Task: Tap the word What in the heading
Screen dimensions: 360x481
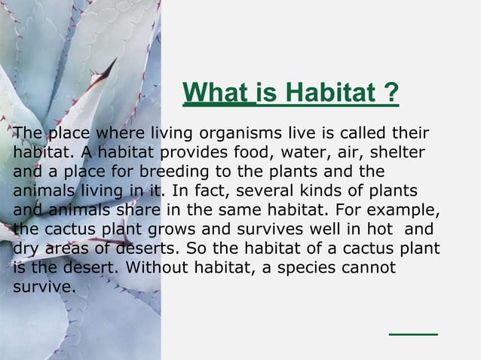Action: pyautogui.click(x=213, y=96)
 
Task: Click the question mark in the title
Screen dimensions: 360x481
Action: pyautogui.click(x=391, y=96)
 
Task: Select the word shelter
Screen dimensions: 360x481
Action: pyautogui.click(x=401, y=153)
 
